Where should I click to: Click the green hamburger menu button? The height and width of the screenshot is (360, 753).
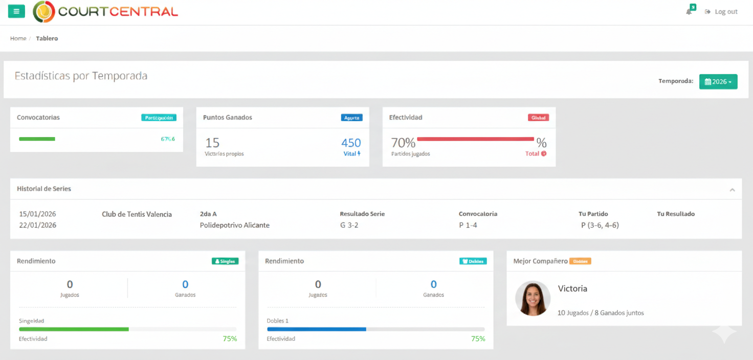click(x=16, y=11)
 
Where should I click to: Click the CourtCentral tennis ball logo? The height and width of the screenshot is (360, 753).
click(x=44, y=11)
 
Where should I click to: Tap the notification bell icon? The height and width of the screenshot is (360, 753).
click(x=689, y=12)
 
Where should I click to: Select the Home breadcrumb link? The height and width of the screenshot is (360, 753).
click(x=18, y=38)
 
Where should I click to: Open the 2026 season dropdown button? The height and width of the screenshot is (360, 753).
click(x=718, y=82)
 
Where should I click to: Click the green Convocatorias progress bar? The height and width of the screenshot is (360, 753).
click(x=37, y=139)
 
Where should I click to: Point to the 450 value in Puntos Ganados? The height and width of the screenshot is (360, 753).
click(x=351, y=143)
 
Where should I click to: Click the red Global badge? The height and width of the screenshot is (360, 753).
click(x=538, y=118)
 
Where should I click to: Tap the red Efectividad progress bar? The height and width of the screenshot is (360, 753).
click(x=475, y=139)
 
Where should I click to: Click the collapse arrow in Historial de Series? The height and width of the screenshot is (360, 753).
click(x=732, y=190)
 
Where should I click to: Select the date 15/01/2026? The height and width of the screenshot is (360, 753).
click(x=38, y=214)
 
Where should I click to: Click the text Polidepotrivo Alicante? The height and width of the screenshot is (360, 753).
click(x=234, y=226)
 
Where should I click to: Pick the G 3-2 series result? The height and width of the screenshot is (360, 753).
click(x=349, y=226)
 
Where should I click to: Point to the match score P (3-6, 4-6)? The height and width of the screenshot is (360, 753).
click(x=600, y=226)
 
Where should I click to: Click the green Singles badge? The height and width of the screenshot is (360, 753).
click(x=225, y=261)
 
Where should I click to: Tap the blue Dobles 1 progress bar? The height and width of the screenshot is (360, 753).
click(x=316, y=329)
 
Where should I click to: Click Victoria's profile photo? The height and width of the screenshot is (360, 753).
click(x=533, y=299)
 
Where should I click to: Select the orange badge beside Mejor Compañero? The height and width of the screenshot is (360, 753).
click(x=580, y=261)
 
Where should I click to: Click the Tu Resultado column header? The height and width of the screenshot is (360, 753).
click(x=676, y=214)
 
